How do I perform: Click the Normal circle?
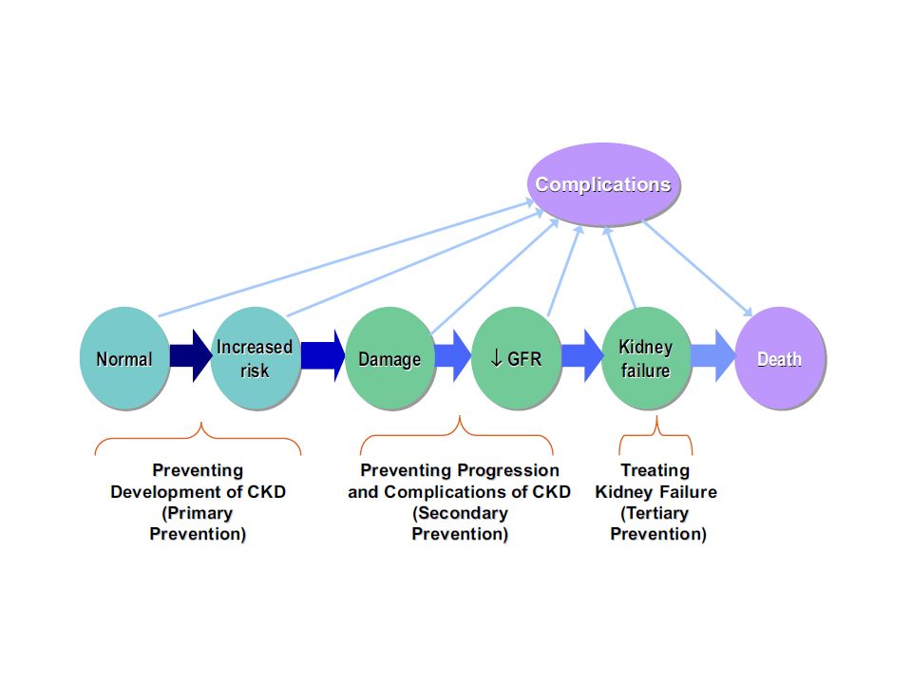tap(124, 358)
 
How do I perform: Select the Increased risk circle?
tap(255, 358)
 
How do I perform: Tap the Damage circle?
tap(389, 358)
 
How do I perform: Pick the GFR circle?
tap(517, 358)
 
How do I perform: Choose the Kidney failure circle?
tap(646, 358)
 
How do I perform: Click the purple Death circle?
tap(780, 358)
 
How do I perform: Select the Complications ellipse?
tap(603, 183)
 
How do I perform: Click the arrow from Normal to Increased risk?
tap(191, 356)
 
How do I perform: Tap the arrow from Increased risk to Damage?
tap(323, 356)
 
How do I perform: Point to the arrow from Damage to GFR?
tap(453, 356)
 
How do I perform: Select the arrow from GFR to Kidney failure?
tap(582, 356)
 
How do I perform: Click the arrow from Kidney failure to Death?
tap(713, 356)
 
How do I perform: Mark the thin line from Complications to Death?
tap(697, 268)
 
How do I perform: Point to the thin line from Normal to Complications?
tap(347, 257)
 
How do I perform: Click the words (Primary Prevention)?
tap(198, 523)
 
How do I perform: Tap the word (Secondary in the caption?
tap(460, 513)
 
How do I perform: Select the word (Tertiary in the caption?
tap(655, 513)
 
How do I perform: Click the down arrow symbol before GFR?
tap(496, 358)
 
